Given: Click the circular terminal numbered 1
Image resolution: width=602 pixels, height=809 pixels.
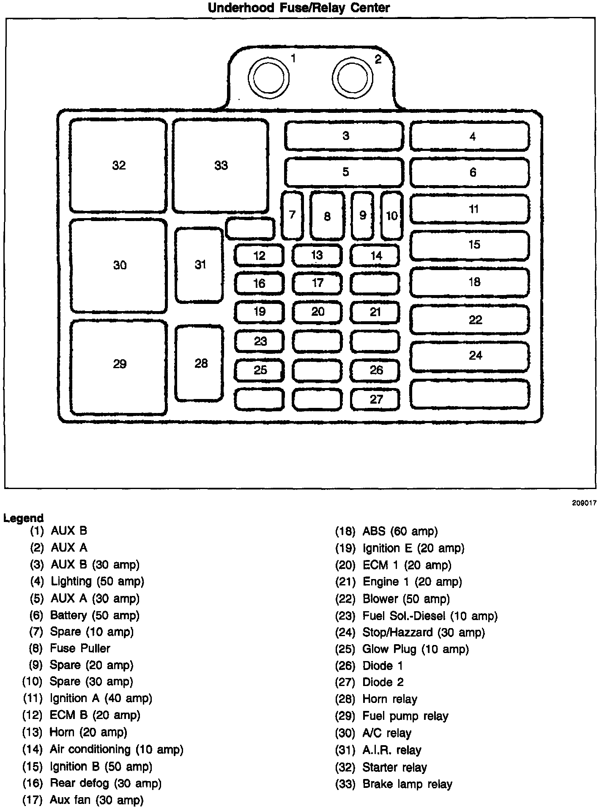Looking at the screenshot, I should [268, 78].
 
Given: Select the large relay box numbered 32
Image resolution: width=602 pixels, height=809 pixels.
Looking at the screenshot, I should [118, 166].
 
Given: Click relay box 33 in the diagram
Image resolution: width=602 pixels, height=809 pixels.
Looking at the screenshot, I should [220, 166].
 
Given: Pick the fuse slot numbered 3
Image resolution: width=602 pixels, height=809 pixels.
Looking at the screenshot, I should [344, 136].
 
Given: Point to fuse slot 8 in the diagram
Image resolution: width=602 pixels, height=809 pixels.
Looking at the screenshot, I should [327, 216].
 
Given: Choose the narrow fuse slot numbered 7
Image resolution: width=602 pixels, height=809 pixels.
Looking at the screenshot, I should [292, 215].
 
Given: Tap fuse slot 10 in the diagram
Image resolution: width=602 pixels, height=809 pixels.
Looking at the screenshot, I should [391, 216].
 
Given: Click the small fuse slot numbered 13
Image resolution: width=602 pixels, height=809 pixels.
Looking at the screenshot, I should [317, 255].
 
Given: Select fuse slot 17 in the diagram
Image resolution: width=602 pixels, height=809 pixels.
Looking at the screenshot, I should [317, 283].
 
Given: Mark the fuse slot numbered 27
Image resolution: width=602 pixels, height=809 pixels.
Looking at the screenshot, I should [375, 399].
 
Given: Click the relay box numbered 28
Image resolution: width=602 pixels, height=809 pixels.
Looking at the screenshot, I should [200, 363].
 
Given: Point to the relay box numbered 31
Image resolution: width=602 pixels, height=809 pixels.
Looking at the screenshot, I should [200, 265].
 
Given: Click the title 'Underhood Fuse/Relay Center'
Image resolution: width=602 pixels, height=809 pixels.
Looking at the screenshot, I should [299, 8].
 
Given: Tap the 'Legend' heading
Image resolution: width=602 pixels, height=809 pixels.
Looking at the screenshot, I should [24, 518].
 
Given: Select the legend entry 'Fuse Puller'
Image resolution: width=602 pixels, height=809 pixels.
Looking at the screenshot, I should [80, 648].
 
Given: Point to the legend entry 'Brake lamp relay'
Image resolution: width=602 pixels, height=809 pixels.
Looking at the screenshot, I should [407, 784].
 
